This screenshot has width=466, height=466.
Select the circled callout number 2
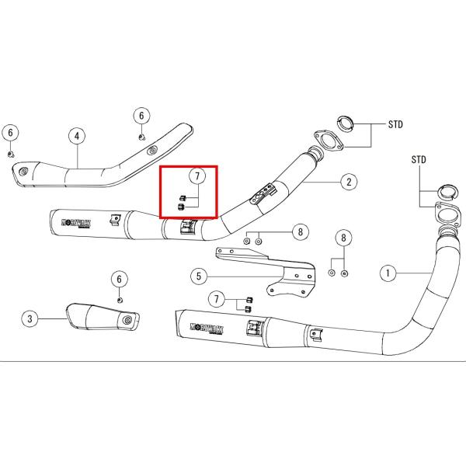349,183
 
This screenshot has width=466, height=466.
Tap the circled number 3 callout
30,318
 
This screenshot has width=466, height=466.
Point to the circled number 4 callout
78,136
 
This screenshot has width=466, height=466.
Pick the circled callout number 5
199,275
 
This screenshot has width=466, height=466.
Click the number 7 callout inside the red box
197,176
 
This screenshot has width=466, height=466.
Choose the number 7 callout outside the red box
218,298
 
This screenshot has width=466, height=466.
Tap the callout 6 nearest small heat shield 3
120,279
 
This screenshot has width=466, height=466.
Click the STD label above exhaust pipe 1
420,160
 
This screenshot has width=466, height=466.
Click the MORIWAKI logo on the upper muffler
77,222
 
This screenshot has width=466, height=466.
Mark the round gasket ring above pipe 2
346,122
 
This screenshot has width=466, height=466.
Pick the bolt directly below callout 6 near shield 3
119,299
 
